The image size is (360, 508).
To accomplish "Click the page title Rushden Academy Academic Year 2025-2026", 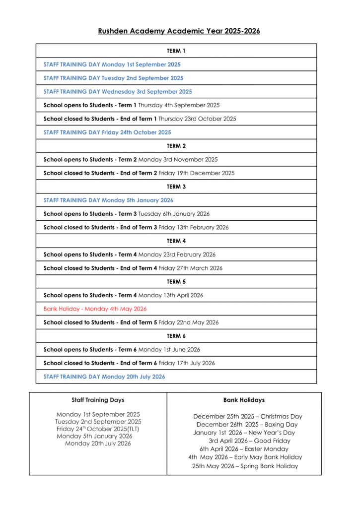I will coord(179,31).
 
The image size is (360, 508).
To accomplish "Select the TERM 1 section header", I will coord(176,51).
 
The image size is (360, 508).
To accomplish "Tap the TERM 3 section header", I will coord(176,187).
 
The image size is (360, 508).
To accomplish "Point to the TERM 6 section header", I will coord(176,336).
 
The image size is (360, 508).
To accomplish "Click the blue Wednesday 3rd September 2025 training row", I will coord(118,92).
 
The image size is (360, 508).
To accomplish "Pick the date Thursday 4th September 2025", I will coord(179,105).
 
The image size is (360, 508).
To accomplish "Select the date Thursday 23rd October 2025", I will coord(197,119).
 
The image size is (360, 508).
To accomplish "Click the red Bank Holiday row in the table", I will coord(95,309).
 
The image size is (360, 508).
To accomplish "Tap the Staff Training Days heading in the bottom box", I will coord(98,400).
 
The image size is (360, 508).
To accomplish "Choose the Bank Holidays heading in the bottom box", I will coord(244,400).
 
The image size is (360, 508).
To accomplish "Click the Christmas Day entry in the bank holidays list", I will coord(247,417).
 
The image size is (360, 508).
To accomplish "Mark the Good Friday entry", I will coord(249,441).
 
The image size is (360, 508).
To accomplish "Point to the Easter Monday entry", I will coord(244,449).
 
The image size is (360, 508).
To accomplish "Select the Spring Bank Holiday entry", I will coord(245,466).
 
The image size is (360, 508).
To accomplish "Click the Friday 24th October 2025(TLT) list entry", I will coord(98,429).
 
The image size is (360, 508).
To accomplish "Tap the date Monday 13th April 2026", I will coord(171,295).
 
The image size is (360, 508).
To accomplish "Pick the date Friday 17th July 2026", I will coord(187,363).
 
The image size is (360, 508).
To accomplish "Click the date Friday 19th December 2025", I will coord(197,173).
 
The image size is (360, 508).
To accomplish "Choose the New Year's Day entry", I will coord(244,433).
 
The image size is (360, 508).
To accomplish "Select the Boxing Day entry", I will coord(247,425).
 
